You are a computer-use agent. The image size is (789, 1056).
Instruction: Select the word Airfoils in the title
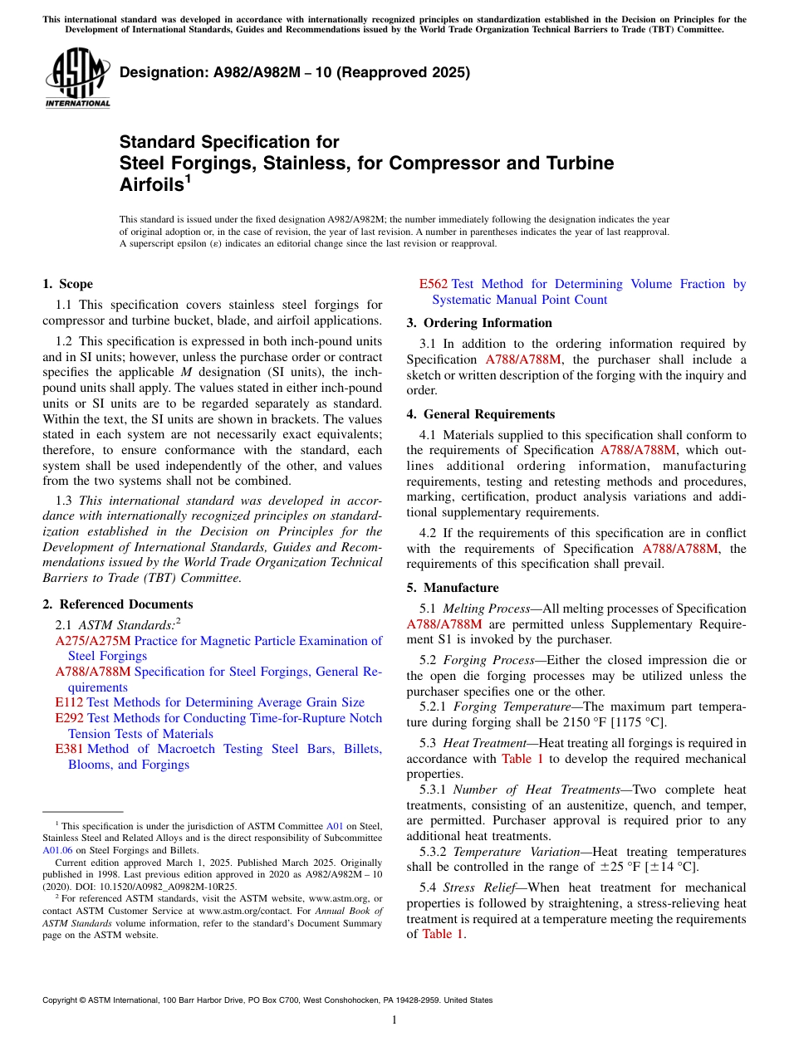pos(150,185)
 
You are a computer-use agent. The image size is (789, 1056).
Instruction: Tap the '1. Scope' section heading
pos(67,284)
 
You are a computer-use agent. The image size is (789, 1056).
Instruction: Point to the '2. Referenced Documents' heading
pos(117,604)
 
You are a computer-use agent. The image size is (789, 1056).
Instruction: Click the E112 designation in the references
pos(69,702)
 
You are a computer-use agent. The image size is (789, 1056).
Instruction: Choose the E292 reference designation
pos(69,718)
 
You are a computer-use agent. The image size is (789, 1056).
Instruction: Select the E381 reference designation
pos(69,749)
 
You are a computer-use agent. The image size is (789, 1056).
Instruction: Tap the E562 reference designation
pos(434,284)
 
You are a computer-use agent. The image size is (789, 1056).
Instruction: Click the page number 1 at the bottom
pos(394,1020)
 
